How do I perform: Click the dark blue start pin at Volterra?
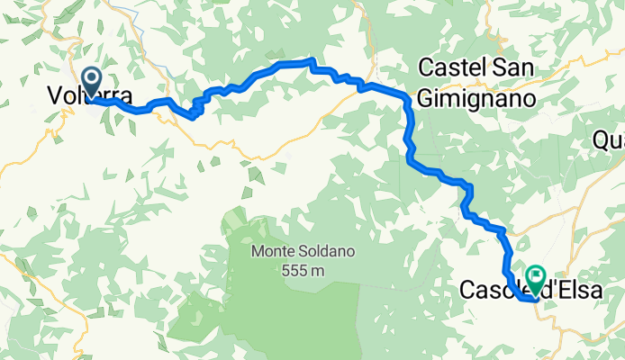coord(91,82)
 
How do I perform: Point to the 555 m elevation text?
coord(300,270)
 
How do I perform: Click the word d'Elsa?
coord(570,291)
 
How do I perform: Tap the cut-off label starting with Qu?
coord(609,140)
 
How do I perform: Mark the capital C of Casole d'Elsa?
coord(467,291)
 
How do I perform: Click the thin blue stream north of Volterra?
coord(126,11)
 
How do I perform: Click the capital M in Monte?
coord(258,252)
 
